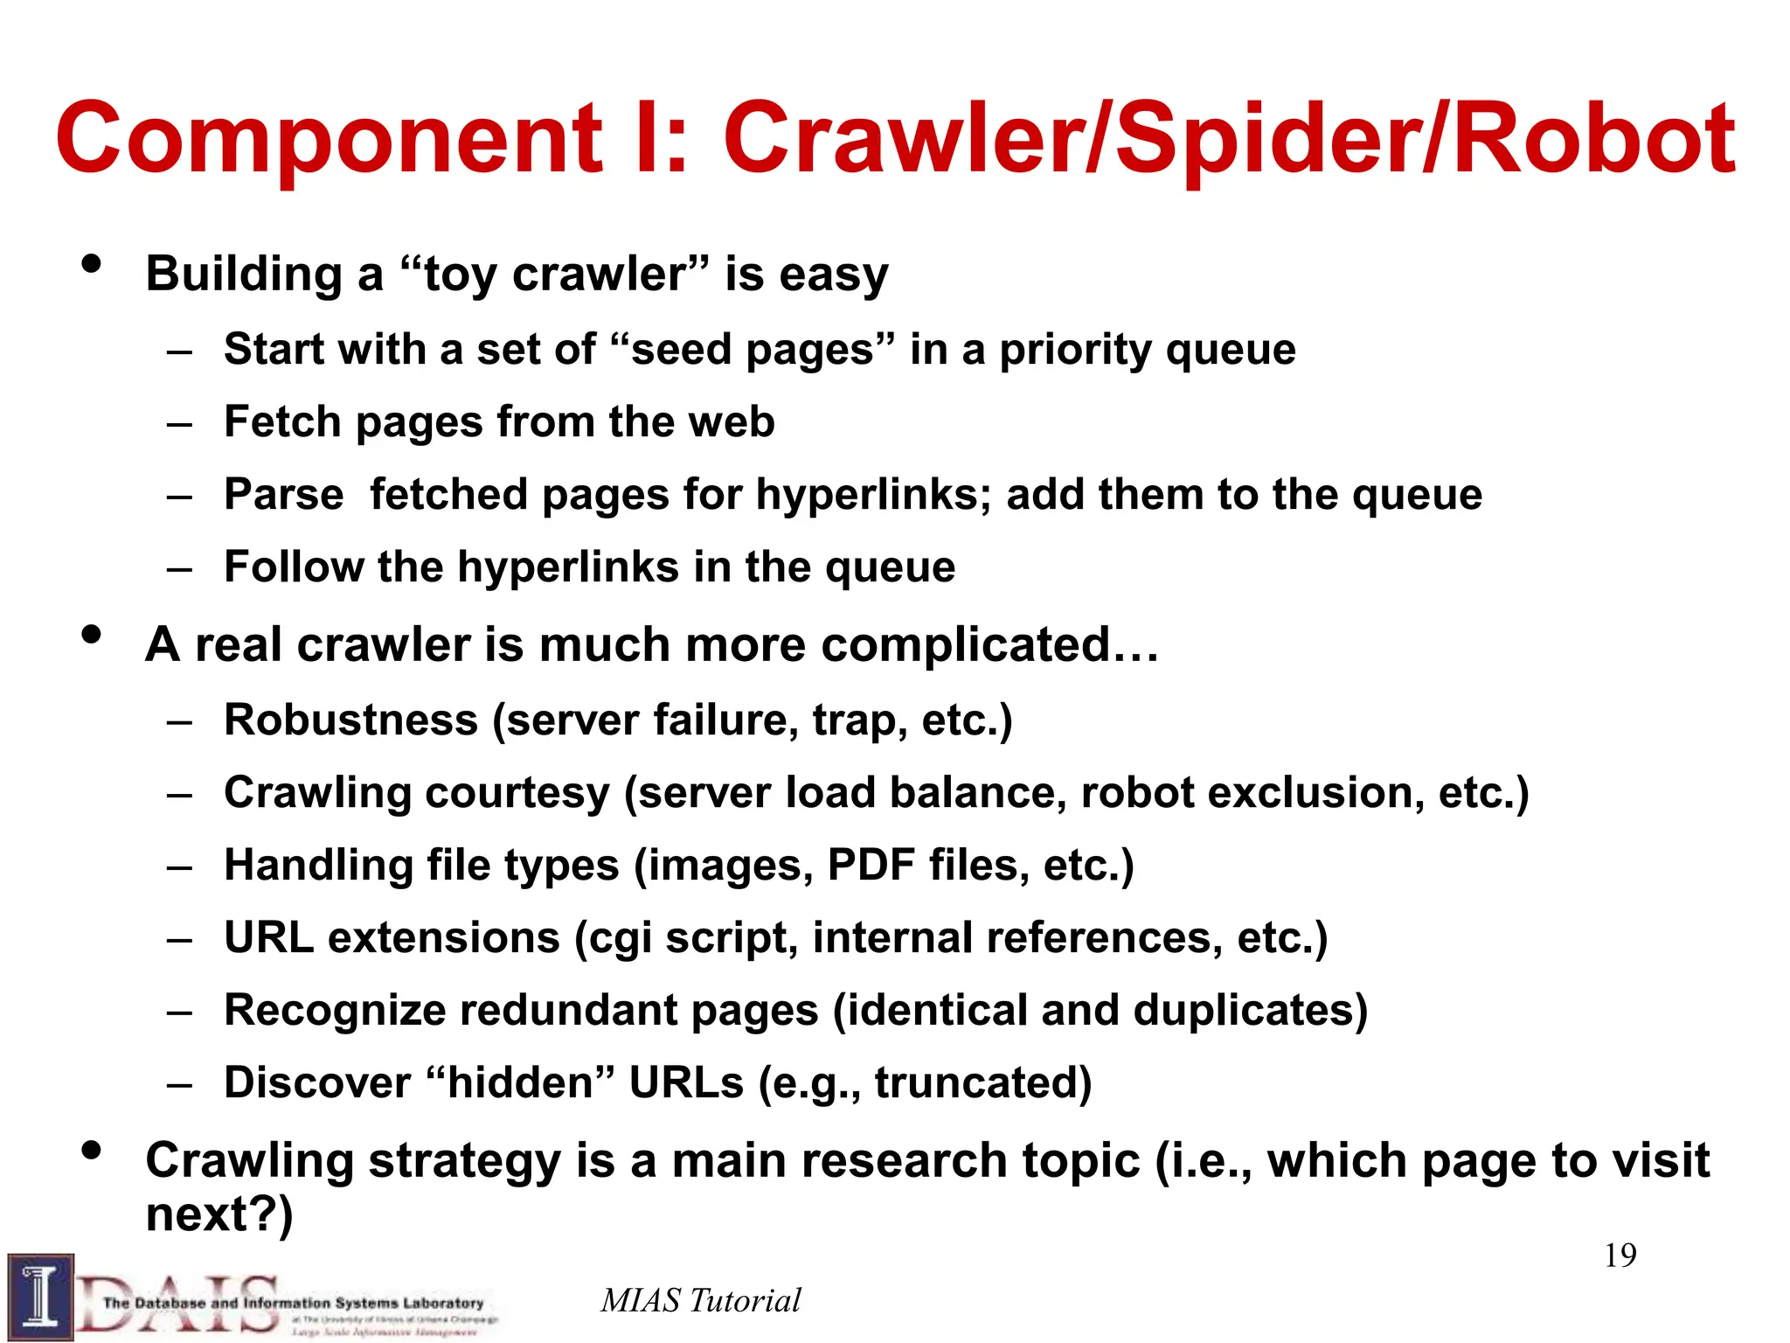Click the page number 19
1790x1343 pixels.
click(x=1620, y=1256)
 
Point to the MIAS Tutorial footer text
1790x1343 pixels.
click(x=700, y=1300)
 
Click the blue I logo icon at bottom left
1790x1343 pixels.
click(x=40, y=1297)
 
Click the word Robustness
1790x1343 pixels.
click(x=351, y=720)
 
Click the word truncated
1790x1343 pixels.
click(x=983, y=1082)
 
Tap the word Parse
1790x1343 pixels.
click(x=284, y=494)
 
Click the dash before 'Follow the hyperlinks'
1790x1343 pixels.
click(x=180, y=569)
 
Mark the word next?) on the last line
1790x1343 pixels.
click(x=219, y=1214)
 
